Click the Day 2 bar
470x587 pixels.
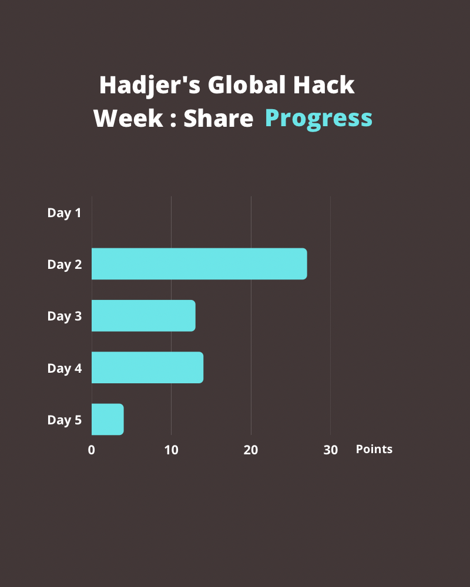[199, 264]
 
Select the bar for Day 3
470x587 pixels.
[143, 316]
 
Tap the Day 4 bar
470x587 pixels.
[147, 368]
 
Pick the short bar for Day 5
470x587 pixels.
[108, 420]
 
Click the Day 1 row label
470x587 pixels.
[64, 213]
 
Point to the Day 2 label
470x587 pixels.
[64, 265]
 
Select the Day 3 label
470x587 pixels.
[64, 316]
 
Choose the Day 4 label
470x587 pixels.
[64, 369]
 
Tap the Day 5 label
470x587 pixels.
[64, 420]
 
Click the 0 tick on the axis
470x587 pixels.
[92, 450]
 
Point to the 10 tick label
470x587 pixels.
[171, 450]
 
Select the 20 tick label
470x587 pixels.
[251, 450]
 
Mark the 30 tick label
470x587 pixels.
[331, 450]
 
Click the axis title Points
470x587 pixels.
[374, 450]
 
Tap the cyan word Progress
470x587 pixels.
[318, 119]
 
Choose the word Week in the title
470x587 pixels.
[127, 119]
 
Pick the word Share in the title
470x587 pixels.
[218, 119]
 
